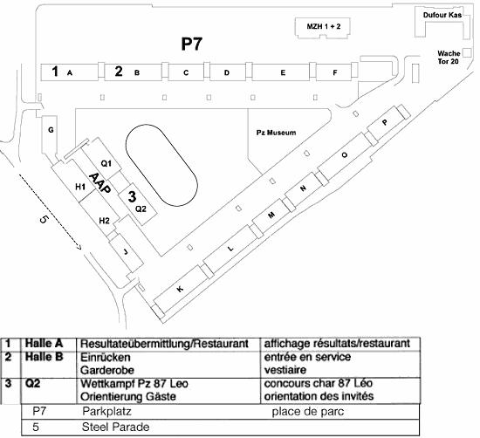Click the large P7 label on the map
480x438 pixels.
192,44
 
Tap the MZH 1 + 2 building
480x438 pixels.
323,28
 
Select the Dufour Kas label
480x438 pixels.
442,15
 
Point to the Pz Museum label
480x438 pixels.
276,133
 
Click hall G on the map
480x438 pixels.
50,134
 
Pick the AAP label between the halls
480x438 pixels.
99,183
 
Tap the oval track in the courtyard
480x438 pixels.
161,165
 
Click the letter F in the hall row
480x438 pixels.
335,72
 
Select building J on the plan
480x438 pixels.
127,252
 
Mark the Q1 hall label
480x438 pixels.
106,164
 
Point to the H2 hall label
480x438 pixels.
105,221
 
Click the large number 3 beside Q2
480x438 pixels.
132,196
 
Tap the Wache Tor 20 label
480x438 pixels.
449,58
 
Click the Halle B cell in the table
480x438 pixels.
45,357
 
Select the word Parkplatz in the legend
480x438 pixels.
106,412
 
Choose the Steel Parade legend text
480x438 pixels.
116,427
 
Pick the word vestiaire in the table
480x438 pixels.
285,370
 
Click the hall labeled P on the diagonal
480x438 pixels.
386,122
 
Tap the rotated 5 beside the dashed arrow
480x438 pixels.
44,220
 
